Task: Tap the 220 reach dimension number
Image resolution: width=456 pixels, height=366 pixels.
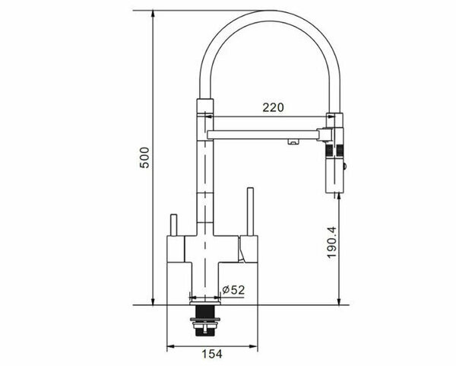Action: click(273, 108)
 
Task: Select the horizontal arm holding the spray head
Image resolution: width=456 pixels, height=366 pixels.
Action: click(262, 135)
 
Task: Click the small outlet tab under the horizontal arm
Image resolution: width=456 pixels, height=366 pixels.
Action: click(290, 141)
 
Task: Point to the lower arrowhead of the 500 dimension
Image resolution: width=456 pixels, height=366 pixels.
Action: click(154, 300)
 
